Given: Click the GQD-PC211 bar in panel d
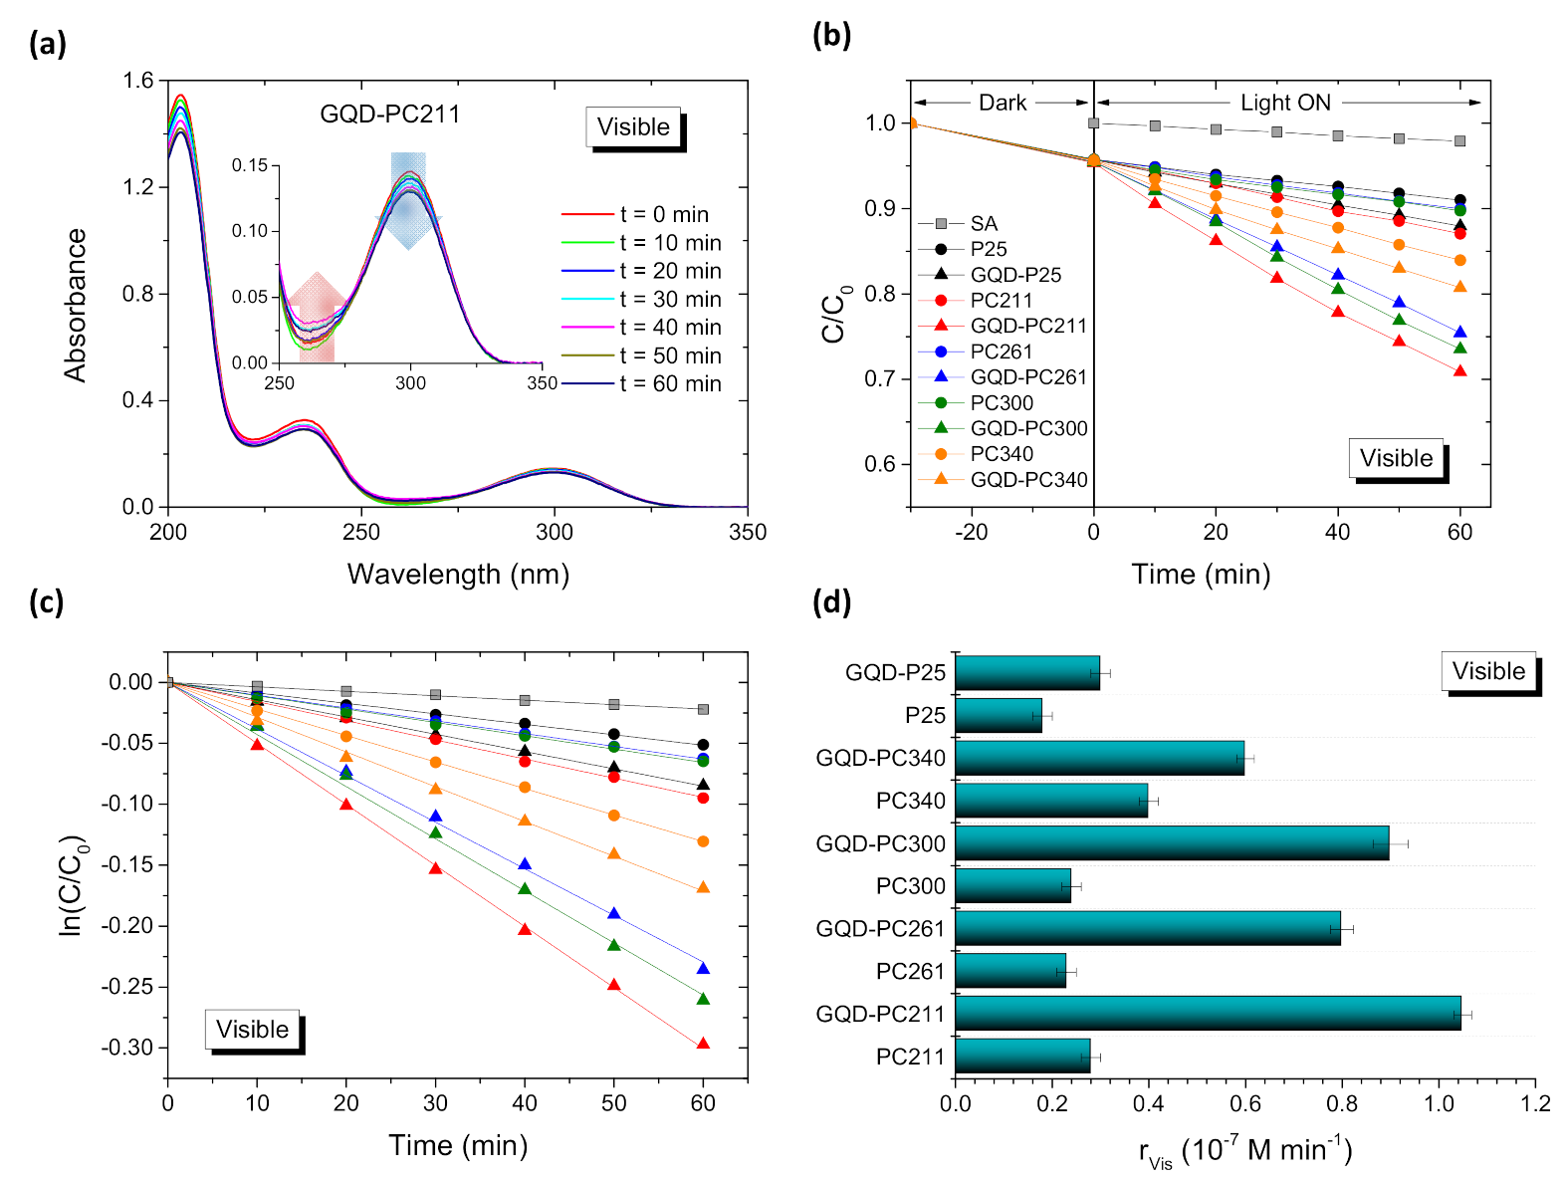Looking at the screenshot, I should pos(1207,1014).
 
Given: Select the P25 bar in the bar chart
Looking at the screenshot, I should pos(998,715).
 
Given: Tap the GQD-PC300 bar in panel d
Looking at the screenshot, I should pos(1171,843).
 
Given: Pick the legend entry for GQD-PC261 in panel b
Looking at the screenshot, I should pos(1027,377).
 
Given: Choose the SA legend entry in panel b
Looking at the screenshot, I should pos(983,223).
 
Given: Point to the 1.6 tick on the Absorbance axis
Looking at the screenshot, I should pos(138,81).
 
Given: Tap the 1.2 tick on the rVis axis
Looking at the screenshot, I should pos(1534,1103).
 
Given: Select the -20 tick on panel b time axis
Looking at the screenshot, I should pos(971,532).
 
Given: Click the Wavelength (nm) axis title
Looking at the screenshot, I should pos(458,575).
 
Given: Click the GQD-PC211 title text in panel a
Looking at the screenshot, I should pos(389,115).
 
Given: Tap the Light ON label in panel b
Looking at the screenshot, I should pos(1284,103).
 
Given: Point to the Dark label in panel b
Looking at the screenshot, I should pos(1002,103).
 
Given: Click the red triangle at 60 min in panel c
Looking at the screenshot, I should pos(703,1044).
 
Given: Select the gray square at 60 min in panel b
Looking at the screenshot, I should pos(1459,141).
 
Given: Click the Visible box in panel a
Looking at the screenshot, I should pos(633,127).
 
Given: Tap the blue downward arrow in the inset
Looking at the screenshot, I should pos(408,199).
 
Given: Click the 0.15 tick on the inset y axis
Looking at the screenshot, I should pos(250,165).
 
